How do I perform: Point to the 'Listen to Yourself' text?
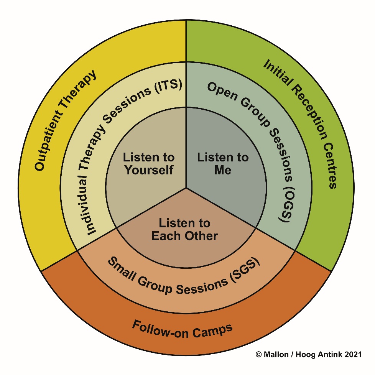point(149,164)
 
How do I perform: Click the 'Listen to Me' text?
point(223,164)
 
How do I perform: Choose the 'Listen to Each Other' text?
point(184,229)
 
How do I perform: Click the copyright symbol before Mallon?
point(258,355)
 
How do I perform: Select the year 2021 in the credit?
point(353,355)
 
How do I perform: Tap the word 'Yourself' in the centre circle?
point(149,169)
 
